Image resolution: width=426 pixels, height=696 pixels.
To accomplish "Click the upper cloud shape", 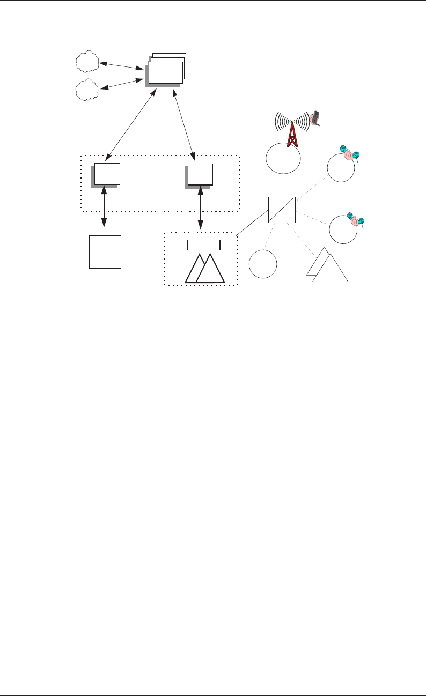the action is click(x=87, y=62).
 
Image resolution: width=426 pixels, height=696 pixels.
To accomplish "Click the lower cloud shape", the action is click(x=87, y=90).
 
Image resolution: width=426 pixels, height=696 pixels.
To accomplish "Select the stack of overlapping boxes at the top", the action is click(x=166, y=70).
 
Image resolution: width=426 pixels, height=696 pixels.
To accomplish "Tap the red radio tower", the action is click(x=292, y=132).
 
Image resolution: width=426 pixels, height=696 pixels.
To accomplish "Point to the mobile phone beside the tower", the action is click(x=317, y=119).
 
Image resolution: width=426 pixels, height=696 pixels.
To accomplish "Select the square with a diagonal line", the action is click(x=282, y=209).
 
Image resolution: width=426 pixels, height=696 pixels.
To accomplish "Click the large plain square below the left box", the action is click(x=105, y=251).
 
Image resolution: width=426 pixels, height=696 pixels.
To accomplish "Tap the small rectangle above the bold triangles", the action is click(x=203, y=245).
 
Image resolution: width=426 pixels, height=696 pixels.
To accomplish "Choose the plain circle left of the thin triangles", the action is click(x=263, y=264).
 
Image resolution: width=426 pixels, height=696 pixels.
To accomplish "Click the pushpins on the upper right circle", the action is click(x=351, y=154).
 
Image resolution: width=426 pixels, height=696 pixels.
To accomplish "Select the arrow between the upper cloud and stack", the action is click(x=122, y=65).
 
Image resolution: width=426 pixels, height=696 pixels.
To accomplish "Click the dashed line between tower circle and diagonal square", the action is click(x=282, y=185).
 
